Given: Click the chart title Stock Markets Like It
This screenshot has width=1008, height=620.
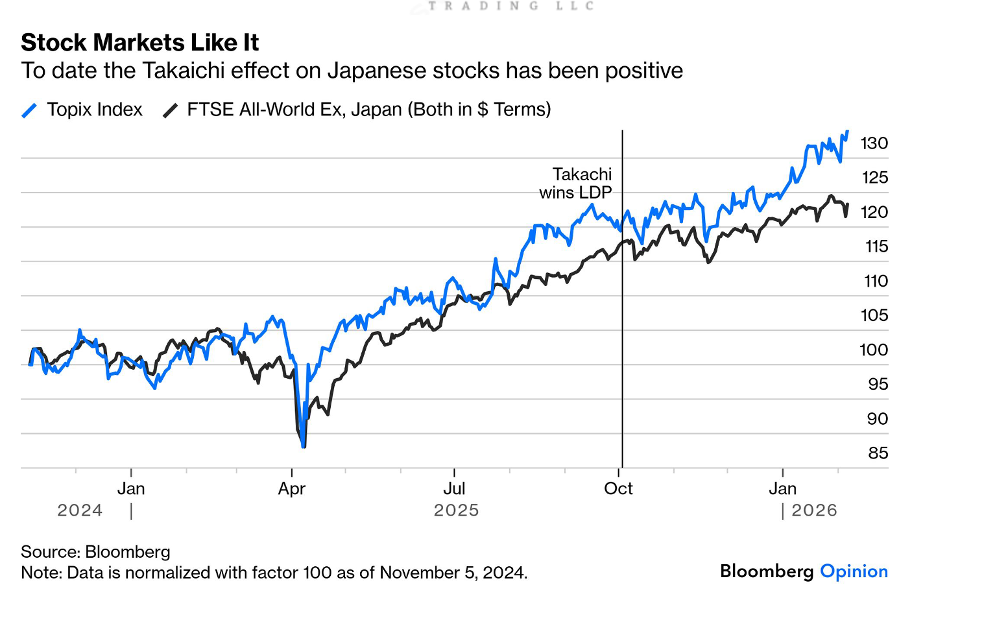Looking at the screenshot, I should pyautogui.click(x=139, y=43).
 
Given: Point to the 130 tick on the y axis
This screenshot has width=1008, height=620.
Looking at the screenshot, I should pyautogui.click(x=874, y=143).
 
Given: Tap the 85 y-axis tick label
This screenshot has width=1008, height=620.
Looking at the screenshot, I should pyautogui.click(x=878, y=453).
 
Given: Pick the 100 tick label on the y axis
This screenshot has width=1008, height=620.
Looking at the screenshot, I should pyautogui.click(x=873, y=350).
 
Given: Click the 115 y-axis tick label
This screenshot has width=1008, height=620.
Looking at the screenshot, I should pyautogui.click(x=876, y=247).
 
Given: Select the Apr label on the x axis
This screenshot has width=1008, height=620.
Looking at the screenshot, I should pyautogui.click(x=291, y=489).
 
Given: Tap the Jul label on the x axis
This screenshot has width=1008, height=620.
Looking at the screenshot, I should pyautogui.click(x=454, y=489).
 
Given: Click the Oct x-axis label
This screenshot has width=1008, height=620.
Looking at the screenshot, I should pyautogui.click(x=618, y=489).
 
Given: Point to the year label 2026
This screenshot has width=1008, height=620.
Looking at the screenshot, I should pyautogui.click(x=814, y=511).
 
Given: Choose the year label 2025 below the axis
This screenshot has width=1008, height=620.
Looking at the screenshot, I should pyautogui.click(x=456, y=511).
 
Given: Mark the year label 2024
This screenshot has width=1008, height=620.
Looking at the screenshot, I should pyautogui.click(x=80, y=511).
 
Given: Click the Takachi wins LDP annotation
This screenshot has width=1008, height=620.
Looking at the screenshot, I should pyautogui.click(x=577, y=184).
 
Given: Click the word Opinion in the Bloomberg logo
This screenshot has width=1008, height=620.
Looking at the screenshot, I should pyautogui.click(x=854, y=571).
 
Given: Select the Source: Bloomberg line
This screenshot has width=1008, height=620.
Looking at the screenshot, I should pyautogui.click(x=95, y=552).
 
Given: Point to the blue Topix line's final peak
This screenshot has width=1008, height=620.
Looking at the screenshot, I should pyautogui.click(x=847, y=132).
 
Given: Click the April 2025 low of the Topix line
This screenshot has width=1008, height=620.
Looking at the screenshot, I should pyautogui.click(x=303, y=446).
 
